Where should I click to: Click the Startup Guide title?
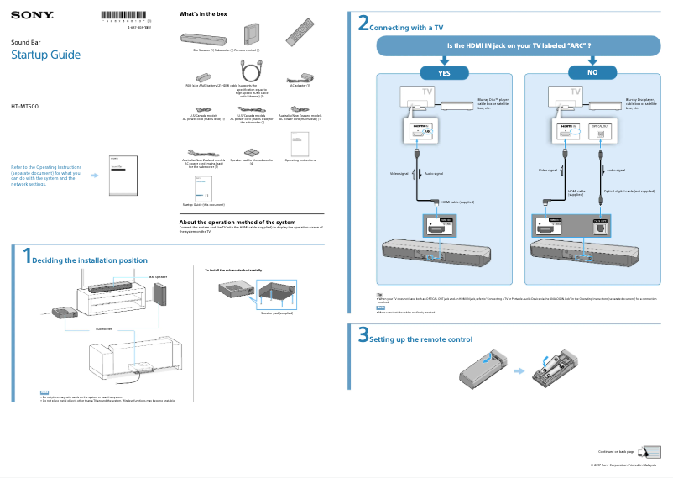(x=45, y=55)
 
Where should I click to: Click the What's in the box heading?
(x=203, y=14)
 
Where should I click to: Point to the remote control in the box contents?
(x=300, y=33)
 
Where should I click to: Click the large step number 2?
(x=363, y=24)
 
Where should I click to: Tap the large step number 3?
(x=363, y=335)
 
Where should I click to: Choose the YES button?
(x=444, y=73)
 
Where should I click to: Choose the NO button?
(x=592, y=73)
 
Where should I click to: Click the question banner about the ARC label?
(x=519, y=45)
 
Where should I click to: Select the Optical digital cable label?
(x=629, y=191)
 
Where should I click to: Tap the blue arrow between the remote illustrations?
(x=521, y=370)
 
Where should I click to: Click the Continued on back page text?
(x=616, y=451)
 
